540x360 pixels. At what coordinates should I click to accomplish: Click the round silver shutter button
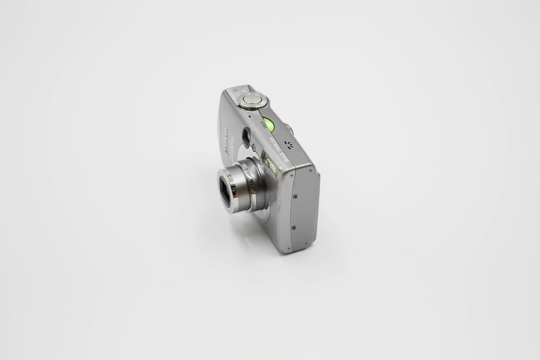click(x=252, y=99)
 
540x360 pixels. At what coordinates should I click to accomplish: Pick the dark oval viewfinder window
click(x=246, y=137)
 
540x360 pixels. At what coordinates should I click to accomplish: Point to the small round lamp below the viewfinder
click(x=253, y=148)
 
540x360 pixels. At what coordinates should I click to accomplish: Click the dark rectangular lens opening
click(x=225, y=192)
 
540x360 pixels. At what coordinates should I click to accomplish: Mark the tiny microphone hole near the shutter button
click(x=250, y=116)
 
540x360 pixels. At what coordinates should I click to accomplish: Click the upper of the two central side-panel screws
click(x=295, y=196)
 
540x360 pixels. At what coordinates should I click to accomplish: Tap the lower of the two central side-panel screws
click(x=294, y=228)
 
